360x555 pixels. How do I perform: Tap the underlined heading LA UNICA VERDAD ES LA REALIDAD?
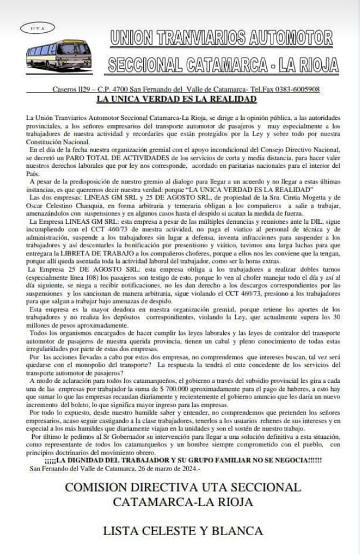pos(169,99)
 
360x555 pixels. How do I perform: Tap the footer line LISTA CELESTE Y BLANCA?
pos(183,531)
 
